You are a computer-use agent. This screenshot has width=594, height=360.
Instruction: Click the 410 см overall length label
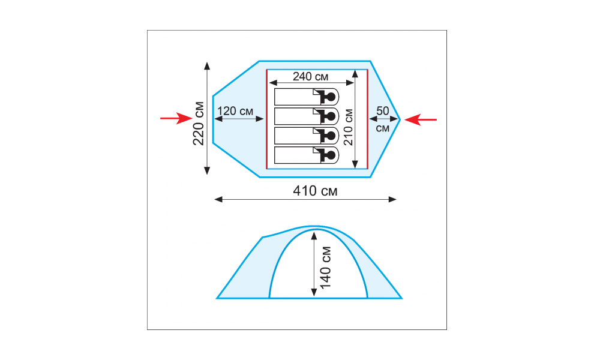(315, 191)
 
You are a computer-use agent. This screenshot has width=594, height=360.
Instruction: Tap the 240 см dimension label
(311, 77)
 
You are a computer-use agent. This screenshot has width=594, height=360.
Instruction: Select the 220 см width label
(199, 124)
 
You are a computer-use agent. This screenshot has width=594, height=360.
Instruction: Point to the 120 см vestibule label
(235, 111)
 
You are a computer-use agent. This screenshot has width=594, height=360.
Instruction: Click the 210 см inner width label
(348, 127)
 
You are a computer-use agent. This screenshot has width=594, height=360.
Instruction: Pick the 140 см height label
(326, 268)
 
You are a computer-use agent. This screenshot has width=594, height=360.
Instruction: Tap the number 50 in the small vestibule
(383, 111)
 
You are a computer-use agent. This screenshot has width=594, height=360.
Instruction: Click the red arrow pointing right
(176, 118)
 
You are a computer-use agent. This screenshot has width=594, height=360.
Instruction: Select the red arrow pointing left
(421, 120)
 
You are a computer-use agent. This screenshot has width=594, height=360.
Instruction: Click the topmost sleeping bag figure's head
(331, 97)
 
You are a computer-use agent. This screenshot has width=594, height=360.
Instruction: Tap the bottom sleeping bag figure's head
(331, 155)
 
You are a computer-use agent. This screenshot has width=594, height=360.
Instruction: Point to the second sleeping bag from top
(307, 116)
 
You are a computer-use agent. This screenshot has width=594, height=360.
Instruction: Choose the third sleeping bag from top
(307, 136)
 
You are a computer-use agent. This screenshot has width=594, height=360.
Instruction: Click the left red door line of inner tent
(267, 119)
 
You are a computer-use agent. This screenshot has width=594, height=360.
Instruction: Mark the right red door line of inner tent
(367, 119)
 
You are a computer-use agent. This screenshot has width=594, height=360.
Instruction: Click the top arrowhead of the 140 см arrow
(314, 236)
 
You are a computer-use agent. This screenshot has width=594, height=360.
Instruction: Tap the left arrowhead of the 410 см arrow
(218, 199)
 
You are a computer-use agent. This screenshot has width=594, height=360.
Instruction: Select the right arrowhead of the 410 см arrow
(392, 199)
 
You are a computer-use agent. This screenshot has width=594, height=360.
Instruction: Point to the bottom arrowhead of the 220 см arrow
(207, 170)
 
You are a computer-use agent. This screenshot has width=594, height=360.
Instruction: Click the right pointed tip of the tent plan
(400, 119)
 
